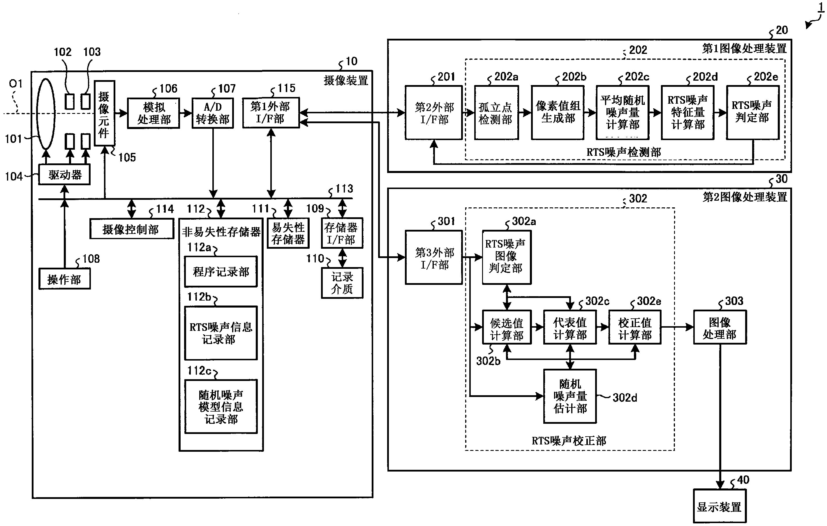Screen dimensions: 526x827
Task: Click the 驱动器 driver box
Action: (x=65, y=175)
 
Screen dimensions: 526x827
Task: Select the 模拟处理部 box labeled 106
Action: (x=154, y=113)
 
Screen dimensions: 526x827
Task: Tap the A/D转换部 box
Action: (x=213, y=113)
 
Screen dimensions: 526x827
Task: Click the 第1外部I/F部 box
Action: (x=271, y=113)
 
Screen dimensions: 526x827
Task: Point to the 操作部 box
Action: (x=65, y=279)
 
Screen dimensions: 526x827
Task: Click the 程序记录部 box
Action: (x=221, y=271)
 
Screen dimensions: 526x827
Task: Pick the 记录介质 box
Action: (x=342, y=283)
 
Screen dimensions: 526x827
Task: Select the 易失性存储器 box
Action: (x=288, y=233)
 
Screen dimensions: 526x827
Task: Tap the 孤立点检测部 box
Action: (x=496, y=113)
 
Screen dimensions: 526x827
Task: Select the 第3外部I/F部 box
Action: (x=434, y=257)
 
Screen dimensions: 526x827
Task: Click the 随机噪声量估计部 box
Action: (x=570, y=396)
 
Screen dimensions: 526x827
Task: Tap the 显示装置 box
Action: (x=720, y=506)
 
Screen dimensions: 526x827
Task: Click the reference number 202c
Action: (x=637, y=77)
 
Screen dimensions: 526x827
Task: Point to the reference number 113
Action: (x=344, y=188)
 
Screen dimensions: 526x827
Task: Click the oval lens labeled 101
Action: (x=46, y=114)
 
